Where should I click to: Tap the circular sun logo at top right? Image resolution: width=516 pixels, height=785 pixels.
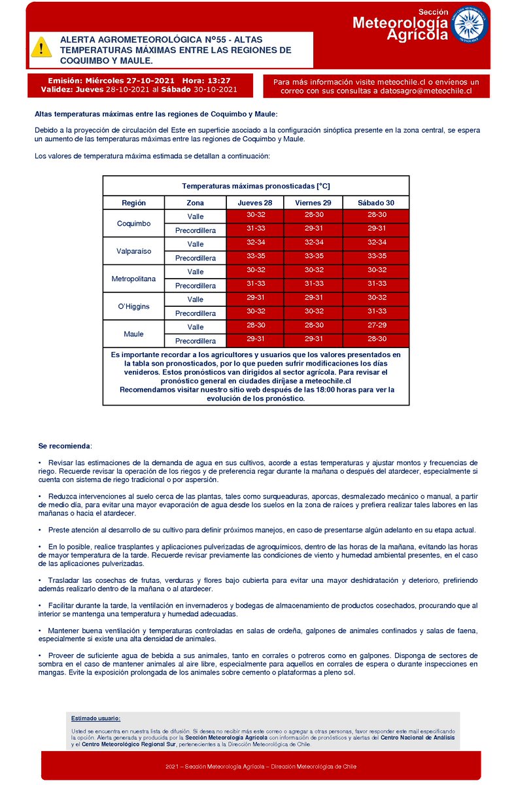point(470,26)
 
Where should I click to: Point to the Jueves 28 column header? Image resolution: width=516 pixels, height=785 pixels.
point(255,203)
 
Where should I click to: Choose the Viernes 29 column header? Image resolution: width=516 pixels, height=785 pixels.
point(313,203)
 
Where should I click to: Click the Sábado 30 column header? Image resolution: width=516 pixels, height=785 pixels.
point(376,203)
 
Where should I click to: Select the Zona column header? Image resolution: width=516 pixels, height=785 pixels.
point(196,203)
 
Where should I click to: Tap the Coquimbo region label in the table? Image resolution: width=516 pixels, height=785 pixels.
point(133,224)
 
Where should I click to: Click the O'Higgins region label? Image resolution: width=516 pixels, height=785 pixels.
point(133,306)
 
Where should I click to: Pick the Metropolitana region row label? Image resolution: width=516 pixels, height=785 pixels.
point(133,279)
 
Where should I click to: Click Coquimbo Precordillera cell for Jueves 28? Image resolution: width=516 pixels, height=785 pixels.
point(255,228)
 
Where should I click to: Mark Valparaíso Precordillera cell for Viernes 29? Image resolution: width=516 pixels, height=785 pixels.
point(313,256)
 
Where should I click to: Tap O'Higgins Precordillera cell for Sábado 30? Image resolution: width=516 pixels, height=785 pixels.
point(376,311)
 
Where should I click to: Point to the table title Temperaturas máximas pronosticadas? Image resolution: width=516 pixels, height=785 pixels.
point(256,186)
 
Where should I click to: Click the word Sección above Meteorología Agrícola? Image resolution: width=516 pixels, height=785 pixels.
point(433,12)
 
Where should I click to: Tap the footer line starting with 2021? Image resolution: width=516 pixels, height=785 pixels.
point(262,767)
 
